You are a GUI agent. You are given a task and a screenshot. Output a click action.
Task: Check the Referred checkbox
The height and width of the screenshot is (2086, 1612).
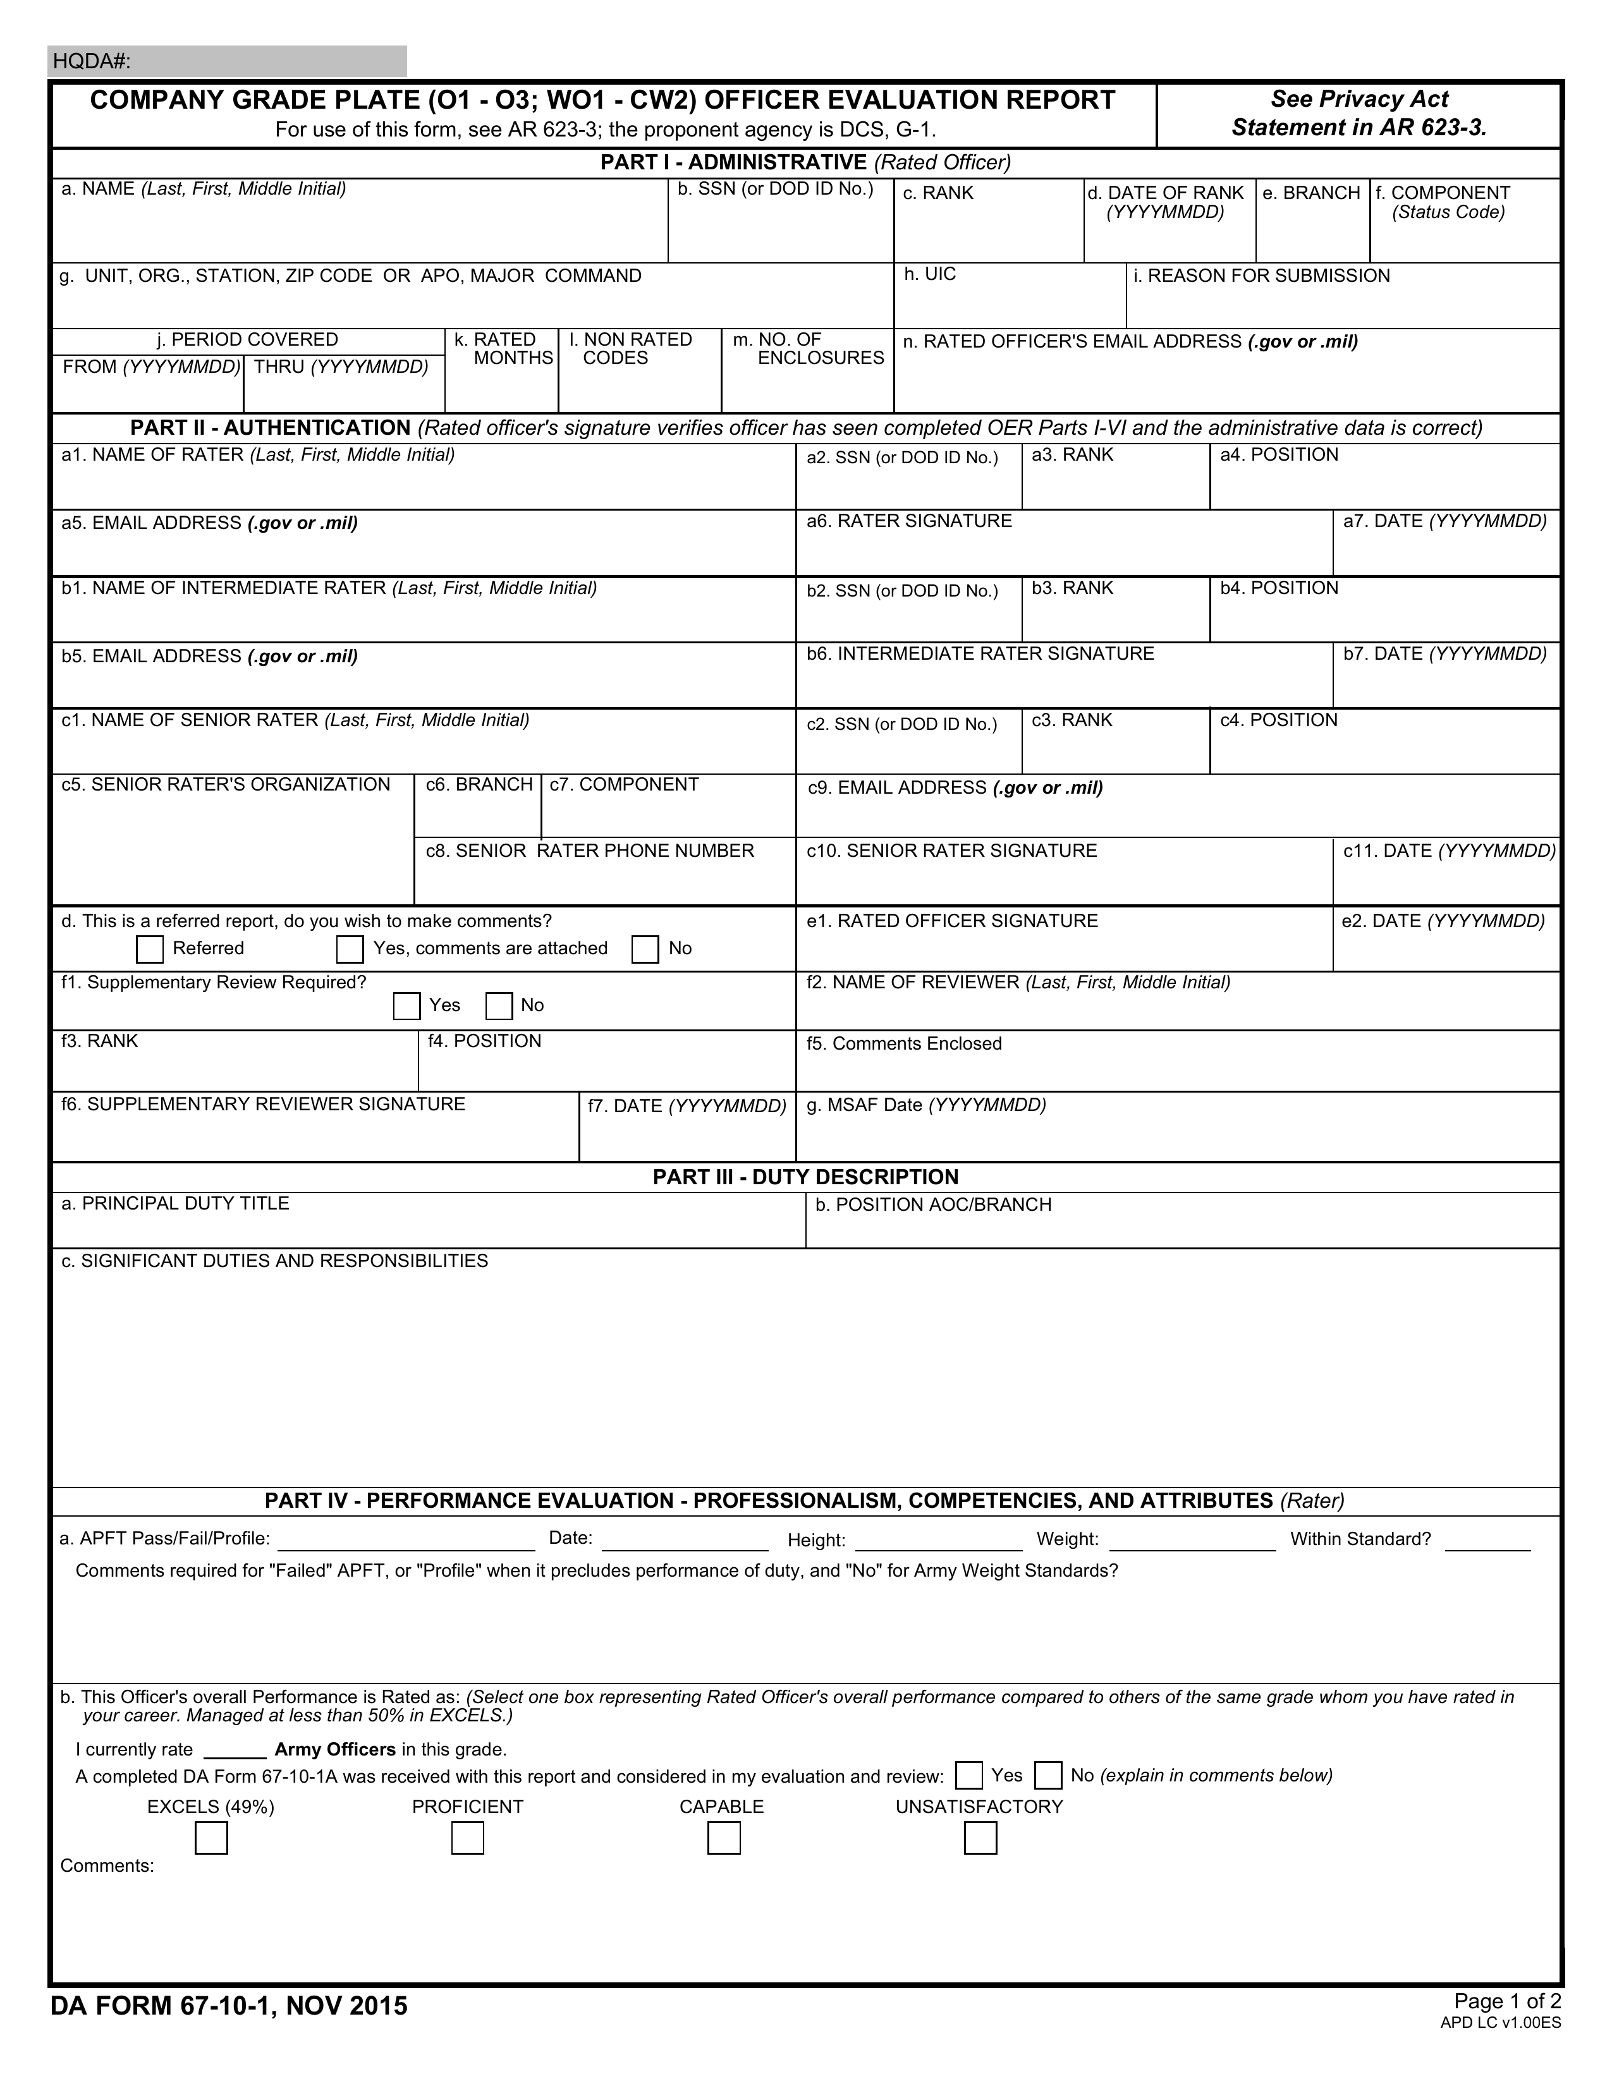150,949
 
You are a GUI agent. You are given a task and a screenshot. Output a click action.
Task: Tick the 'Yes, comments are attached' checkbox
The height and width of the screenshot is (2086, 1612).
350,949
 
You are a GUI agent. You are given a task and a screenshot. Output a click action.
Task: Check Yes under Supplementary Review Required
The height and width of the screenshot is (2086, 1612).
407,1006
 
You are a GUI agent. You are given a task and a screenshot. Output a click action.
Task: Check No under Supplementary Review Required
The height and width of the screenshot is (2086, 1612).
499,1006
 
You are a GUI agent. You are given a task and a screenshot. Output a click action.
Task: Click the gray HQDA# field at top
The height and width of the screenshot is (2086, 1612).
228,61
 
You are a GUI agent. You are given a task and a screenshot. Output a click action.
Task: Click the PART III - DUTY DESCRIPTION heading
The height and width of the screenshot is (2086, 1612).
805,1177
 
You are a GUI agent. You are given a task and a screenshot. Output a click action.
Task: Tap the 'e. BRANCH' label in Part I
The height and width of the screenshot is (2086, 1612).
1311,193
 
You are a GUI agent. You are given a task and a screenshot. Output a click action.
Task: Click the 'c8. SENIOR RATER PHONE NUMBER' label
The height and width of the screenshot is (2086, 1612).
590,851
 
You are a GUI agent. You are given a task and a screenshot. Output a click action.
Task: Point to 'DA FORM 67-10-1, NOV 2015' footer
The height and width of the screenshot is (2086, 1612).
229,2006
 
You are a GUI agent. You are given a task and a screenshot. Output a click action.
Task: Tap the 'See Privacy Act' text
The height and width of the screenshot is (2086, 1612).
1359,99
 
